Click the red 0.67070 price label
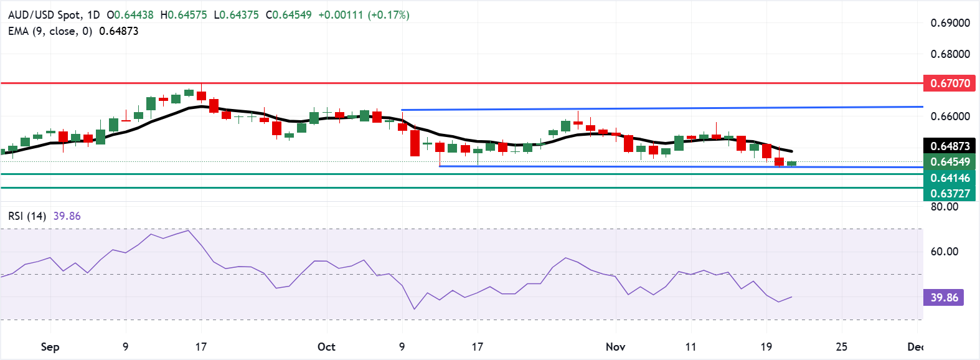[949, 83]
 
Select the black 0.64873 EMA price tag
[949, 146]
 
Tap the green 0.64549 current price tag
[949, 162]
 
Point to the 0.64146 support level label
[949, 178]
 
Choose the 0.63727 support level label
[949, 193]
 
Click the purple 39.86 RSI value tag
[944, 298]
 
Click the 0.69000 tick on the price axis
[950, 23]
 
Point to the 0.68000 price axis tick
[950, 54]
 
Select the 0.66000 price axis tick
[950, 116]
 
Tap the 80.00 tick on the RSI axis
[944, 207]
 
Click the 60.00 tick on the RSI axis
[944, 252]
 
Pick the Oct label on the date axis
[326, 347]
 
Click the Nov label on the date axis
[615, 347]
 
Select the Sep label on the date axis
[50, 347]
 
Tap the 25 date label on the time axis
[841, 347]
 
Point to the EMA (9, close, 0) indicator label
[50, 31]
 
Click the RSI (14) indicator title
[27, 216]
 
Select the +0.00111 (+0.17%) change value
[364, 15]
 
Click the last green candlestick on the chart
[792, 163]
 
